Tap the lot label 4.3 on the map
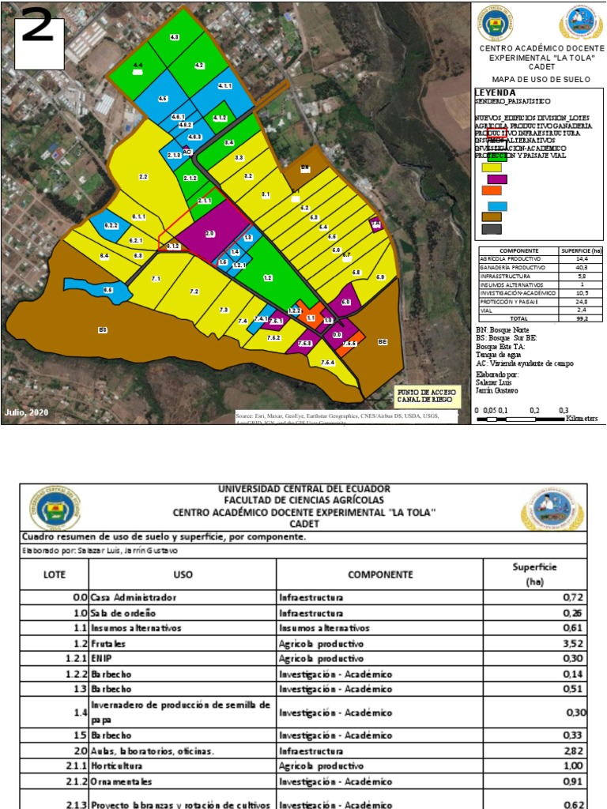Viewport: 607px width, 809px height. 175,37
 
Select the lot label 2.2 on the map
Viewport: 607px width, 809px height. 143,176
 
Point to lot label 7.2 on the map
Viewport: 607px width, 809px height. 194,292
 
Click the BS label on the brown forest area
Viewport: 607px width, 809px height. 102,329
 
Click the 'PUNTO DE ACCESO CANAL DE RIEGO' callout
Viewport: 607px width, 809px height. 425,396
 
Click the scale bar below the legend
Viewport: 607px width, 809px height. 522,418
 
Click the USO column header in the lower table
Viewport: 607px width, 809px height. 183,574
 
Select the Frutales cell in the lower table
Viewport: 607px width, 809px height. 107,644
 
